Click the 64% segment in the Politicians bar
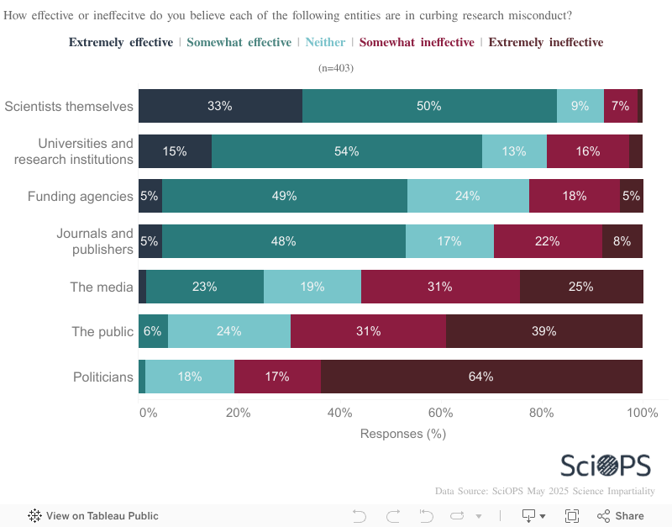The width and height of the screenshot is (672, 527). point(481,377)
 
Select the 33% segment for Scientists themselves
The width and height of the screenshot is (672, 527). point(220,106)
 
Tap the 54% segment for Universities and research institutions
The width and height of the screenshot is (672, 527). point(347,151)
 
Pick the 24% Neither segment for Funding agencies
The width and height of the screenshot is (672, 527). point(468,196)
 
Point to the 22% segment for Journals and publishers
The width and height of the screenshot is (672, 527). point(548,241)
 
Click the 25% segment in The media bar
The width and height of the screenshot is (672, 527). point(580,287)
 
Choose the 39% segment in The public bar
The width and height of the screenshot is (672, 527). point(544,331)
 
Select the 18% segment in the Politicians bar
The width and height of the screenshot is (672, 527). point(190,377)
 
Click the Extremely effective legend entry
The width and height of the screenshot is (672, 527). point(121,42)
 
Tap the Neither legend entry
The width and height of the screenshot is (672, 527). point(325,42)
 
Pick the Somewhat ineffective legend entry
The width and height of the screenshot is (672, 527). point(417,42)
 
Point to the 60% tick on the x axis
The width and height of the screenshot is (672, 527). point(440,413)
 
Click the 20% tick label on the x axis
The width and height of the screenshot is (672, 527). point(239,413)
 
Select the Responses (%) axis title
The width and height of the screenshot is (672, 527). point(402,434)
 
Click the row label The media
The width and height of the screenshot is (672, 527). point(102,287)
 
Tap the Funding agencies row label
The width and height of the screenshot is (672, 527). point(81,197)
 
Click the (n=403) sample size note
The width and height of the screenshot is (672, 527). point(336,68)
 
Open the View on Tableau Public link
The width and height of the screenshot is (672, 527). point(93,516)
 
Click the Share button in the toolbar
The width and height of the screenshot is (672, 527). point(621,516)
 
